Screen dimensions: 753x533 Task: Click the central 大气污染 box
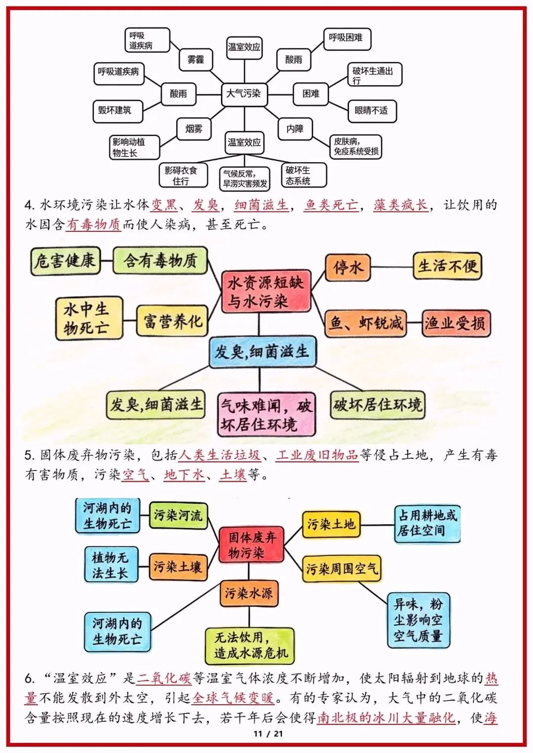click(244, 93)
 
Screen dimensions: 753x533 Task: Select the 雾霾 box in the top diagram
click(195, 60)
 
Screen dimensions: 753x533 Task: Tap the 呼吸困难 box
click(346, 38)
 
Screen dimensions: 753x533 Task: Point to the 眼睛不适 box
click(371, 110)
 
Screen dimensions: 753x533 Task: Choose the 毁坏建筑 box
click(117, 110)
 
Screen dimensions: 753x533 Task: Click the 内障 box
click(295, 129)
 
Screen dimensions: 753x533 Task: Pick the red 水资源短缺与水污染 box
click(266, 291)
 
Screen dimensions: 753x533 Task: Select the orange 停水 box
click(348, 267)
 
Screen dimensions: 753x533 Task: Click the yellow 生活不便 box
click(447, 266)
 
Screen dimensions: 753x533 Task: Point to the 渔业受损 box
click(455, 323)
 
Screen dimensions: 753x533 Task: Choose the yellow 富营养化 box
click(172, 321)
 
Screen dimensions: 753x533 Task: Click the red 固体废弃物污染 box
click(252, 545)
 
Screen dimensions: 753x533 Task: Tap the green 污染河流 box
click(178, 515)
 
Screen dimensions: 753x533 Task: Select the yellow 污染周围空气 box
click(342, 569)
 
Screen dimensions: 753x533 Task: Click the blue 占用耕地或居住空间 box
click(427, 523)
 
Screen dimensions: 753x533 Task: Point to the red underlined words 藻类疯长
click(400, 205)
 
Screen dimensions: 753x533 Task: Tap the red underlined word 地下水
click(184, 475)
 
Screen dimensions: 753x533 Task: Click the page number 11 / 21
click(268, 734)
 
